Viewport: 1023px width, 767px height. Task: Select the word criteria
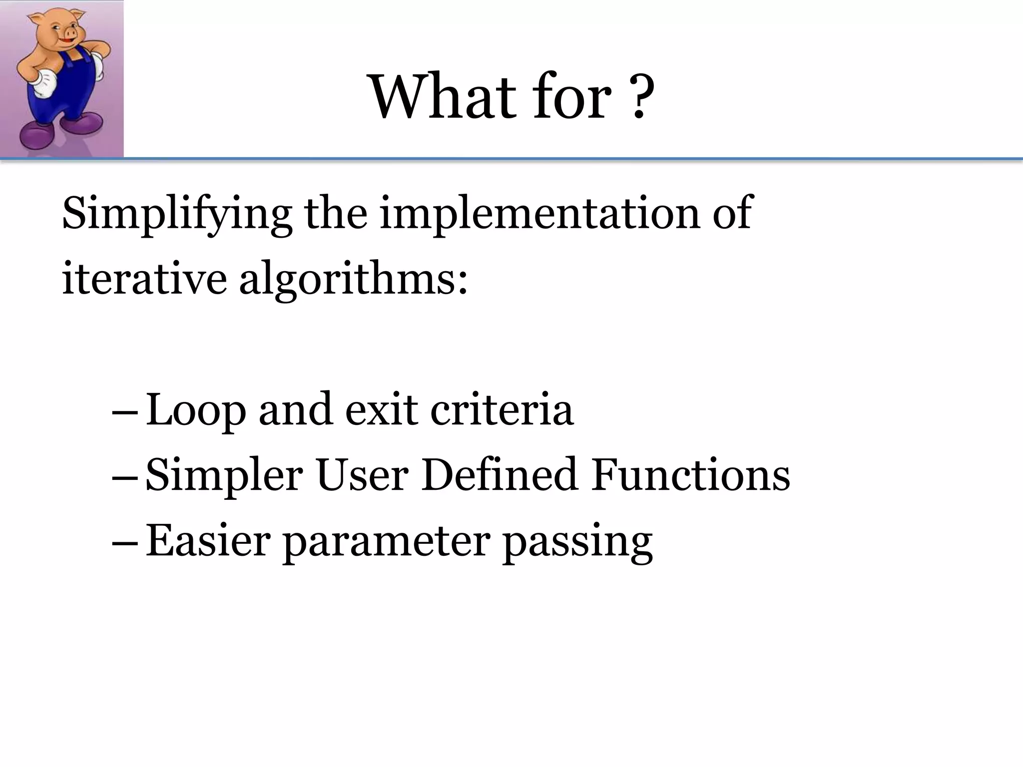(x=502, y=409)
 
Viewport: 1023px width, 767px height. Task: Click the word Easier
(x=208, y=540)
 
